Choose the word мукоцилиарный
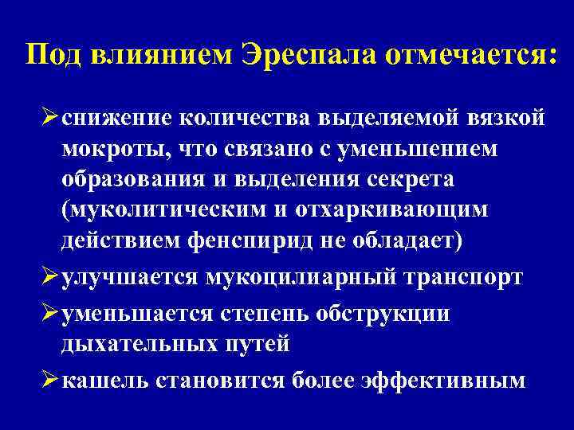301,277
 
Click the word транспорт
462,277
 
